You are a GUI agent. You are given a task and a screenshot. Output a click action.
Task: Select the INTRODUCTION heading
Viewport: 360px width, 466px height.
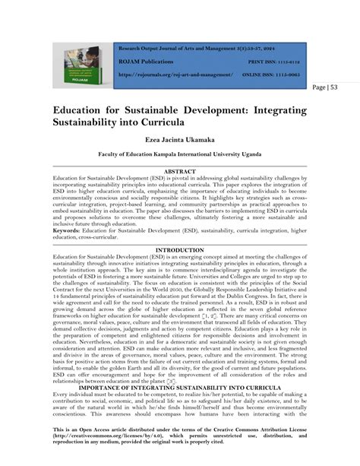point(179,249)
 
